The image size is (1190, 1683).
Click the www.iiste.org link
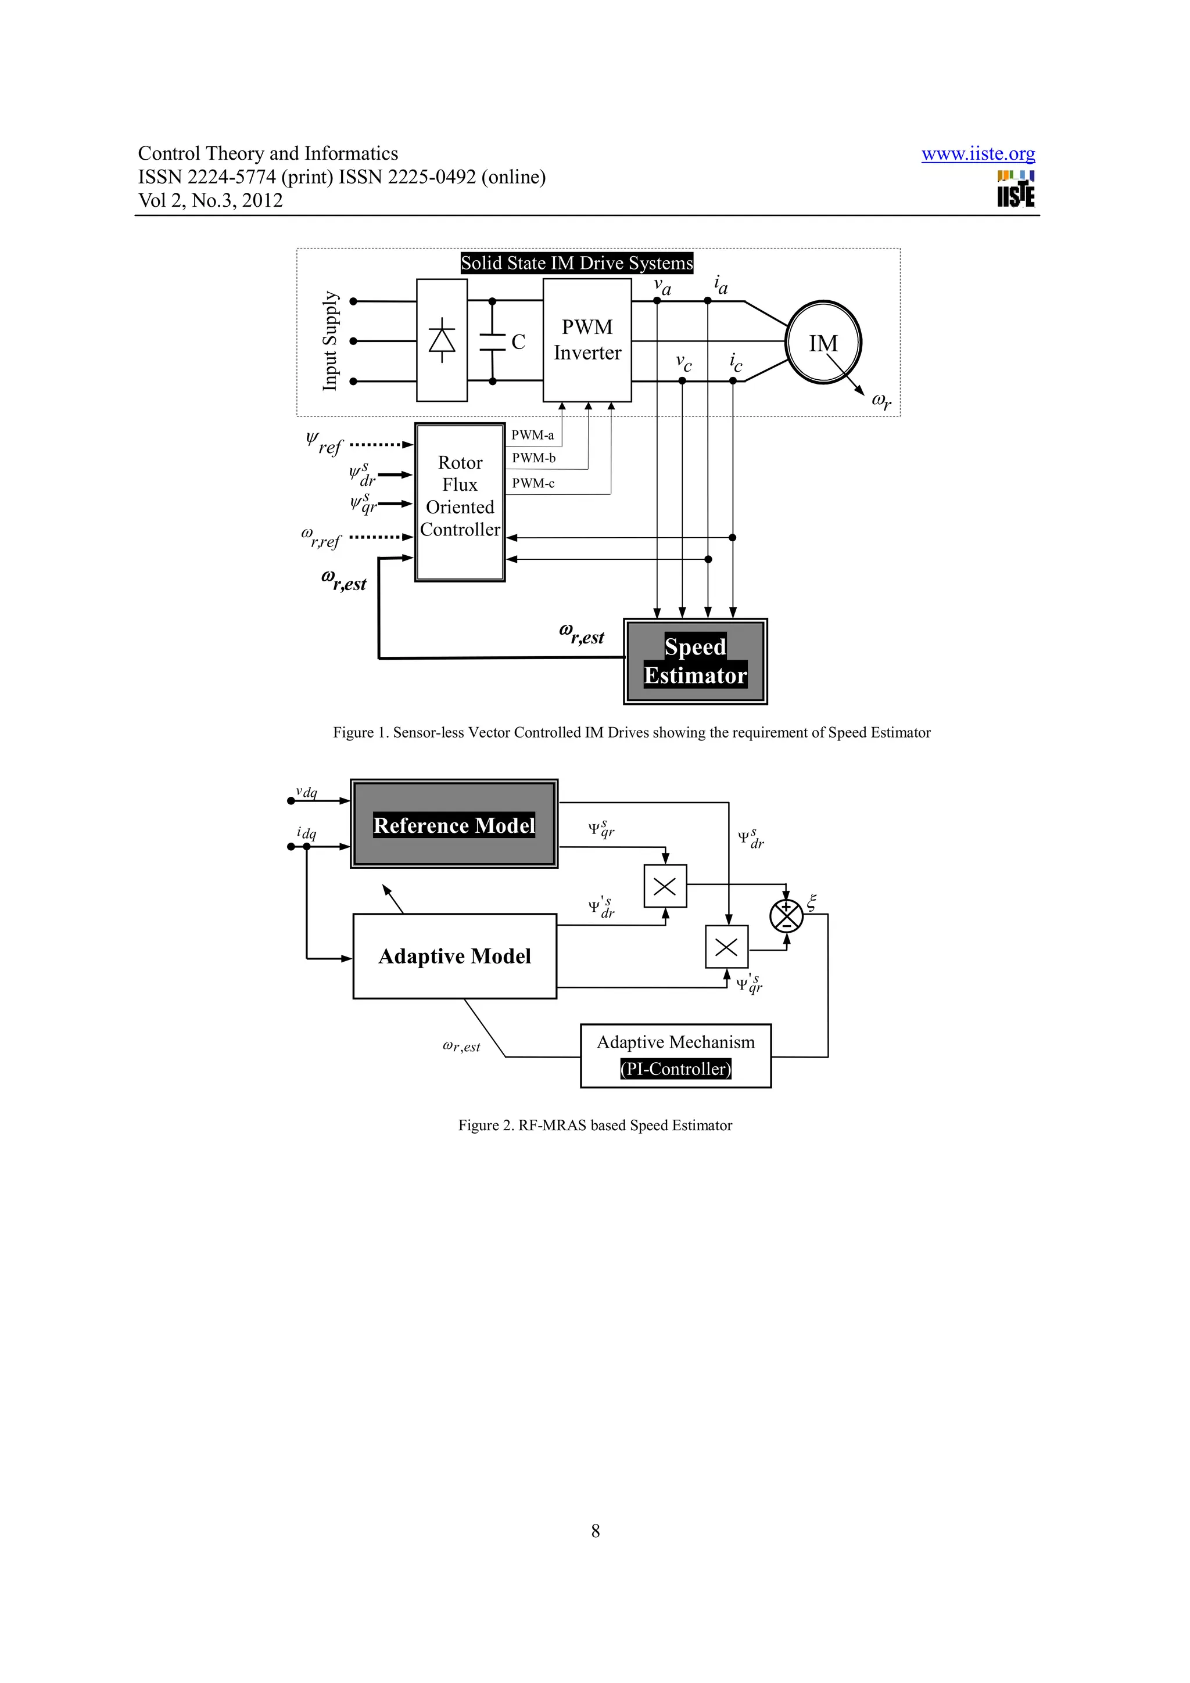click(x=977, y=154)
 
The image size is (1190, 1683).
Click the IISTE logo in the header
click(x=1016, y=190)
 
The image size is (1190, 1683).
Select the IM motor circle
click(x=823, y=342)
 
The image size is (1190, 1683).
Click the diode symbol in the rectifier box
click(x=442, y=341)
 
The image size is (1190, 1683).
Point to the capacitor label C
click(x=518, y=342)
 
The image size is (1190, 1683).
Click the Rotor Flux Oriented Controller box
click(x=460, y=502)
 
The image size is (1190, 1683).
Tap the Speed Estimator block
click(x=694, y=661)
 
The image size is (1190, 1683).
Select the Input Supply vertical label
click(x=331, y=341)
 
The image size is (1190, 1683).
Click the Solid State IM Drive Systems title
click(x=576, y=263)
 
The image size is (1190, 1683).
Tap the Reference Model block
click(x=454, y=825)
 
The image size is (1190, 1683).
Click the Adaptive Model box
click(x=454, y=956)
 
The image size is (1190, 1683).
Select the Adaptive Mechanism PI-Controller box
click(x=675, y=1056)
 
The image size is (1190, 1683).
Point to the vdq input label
click(x=306, y=792)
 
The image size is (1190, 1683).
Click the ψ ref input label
click(x=323, y=444)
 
